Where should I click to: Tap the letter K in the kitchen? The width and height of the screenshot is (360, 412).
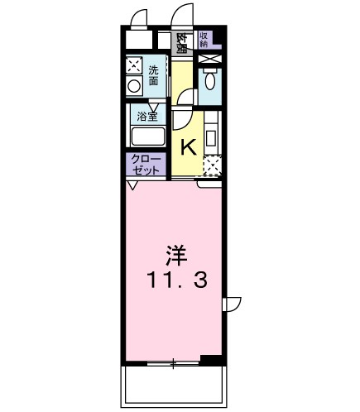point(188,147)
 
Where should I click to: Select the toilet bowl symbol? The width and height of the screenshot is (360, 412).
point(209,80)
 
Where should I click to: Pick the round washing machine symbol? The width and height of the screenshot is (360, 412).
point(133,86)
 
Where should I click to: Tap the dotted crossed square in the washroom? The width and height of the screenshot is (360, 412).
point(133,66)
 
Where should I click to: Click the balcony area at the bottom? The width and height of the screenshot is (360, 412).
point(174,386)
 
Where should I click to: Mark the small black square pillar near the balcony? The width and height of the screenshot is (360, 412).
point(212,359)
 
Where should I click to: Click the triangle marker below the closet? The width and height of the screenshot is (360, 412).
point(131,185)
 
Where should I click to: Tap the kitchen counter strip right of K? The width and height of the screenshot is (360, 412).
point(212,137)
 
